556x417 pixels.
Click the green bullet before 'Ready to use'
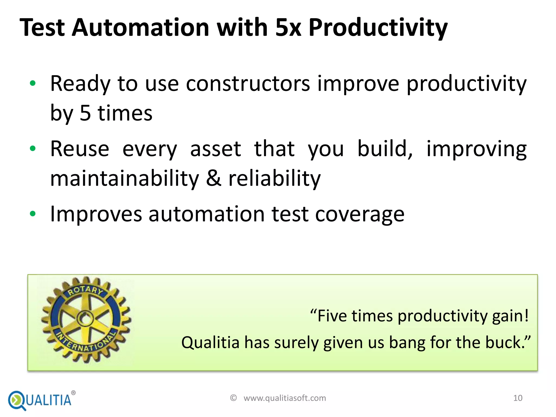(x=33, y=83)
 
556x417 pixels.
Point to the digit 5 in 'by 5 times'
(x=85, y=113)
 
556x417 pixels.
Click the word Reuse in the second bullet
(x=80, y=149)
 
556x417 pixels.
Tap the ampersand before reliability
(x=214, y=178)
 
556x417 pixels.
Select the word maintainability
(x=125, y=178)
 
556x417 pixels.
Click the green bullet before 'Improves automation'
(x=33, y=214)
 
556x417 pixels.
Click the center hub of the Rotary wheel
(x=85, y=319)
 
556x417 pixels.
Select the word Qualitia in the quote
(x=210, y=342)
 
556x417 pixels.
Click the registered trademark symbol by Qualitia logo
(x=73, y=393)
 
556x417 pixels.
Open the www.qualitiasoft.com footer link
(x=285, y=398)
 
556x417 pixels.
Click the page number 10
(x=518, y=398)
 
